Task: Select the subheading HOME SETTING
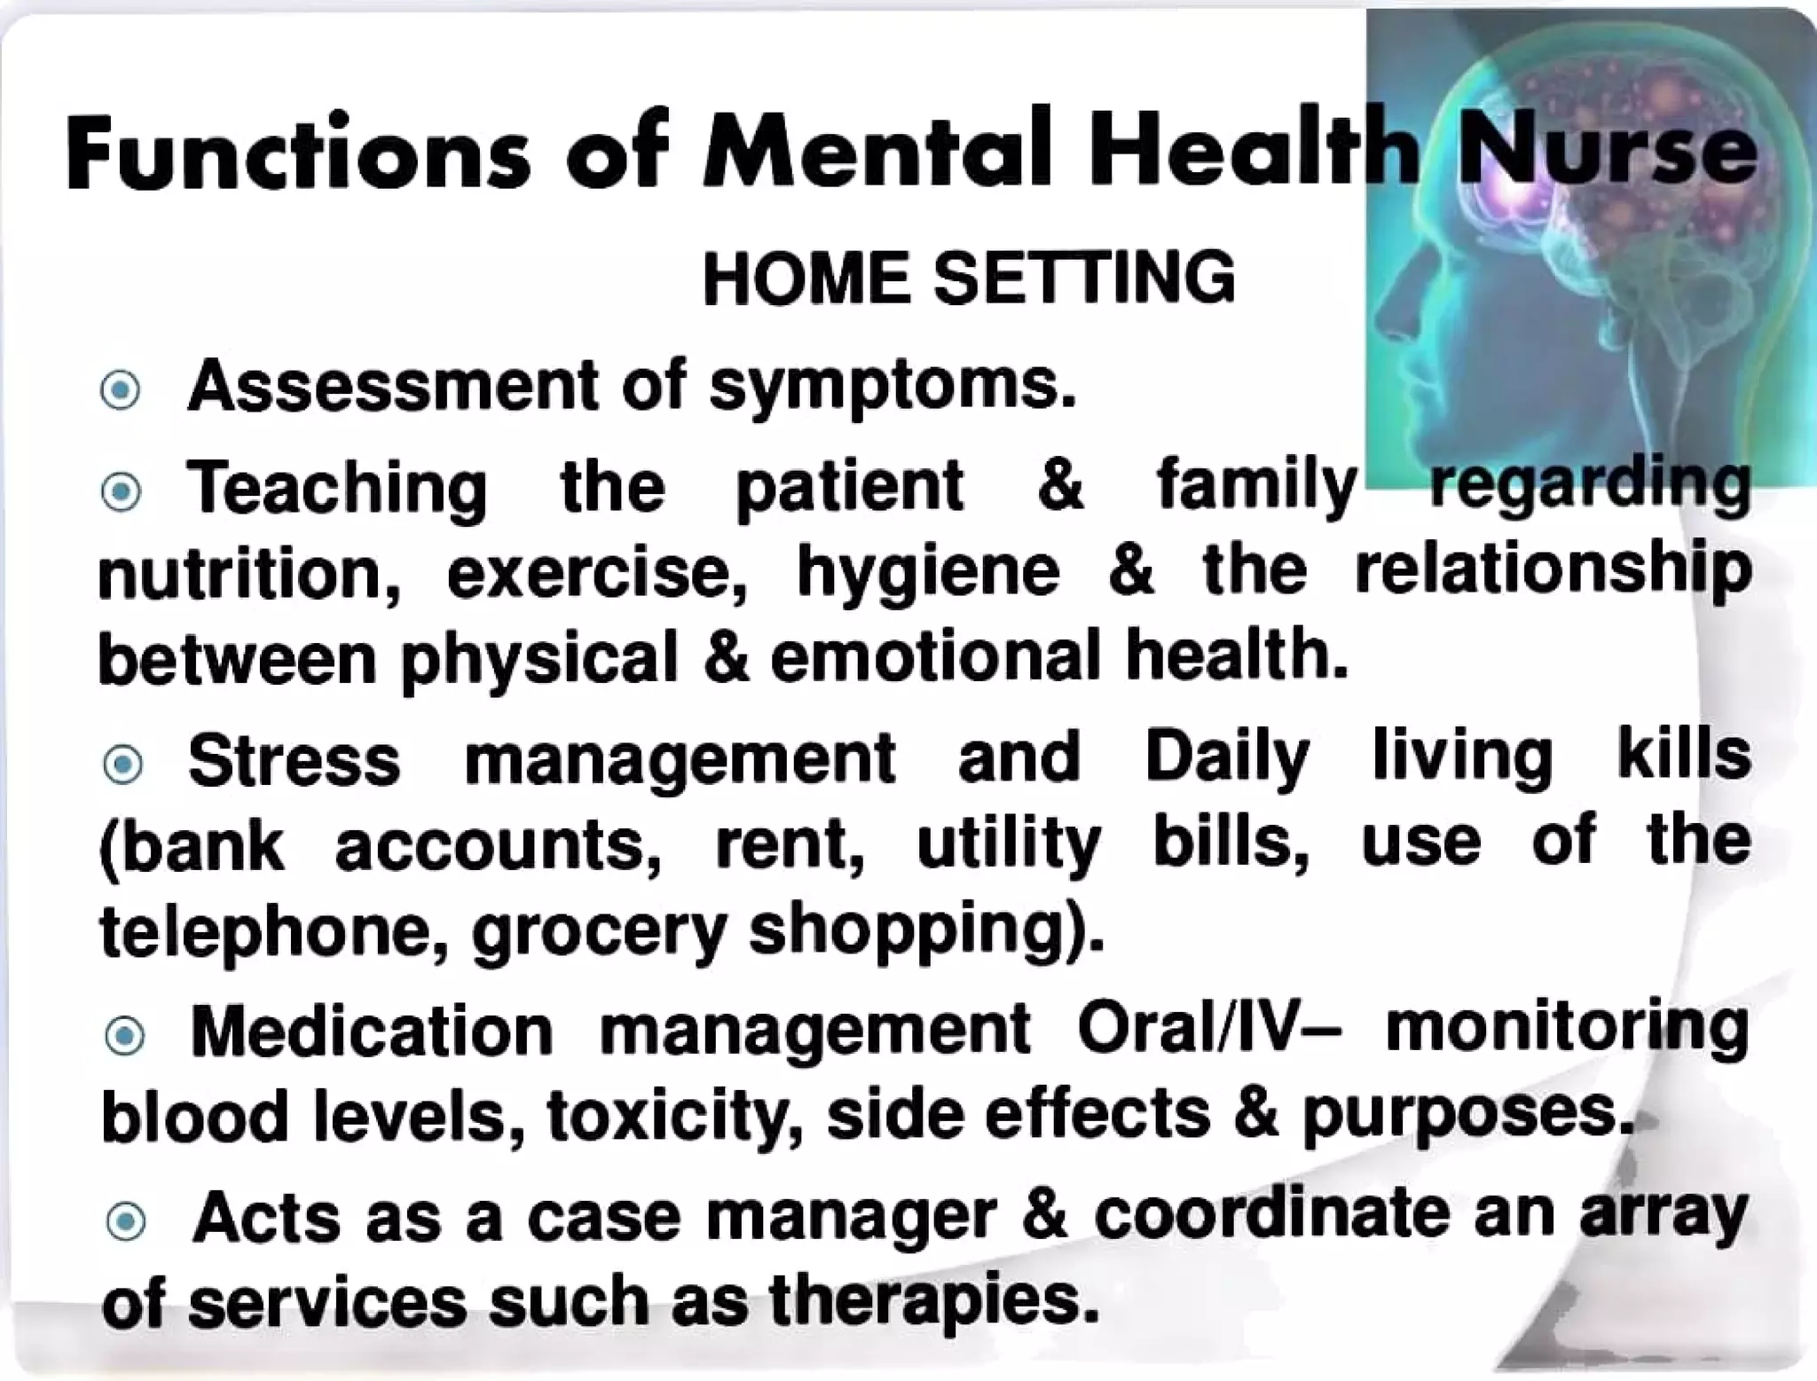coord(968,278)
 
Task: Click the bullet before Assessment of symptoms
coord(121,390)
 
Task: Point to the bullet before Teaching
coord(122,491)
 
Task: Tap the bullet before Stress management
coord(122,764)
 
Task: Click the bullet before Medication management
coord(124,1035)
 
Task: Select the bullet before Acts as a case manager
coord(125,1222)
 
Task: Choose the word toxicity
coord(669,1117)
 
